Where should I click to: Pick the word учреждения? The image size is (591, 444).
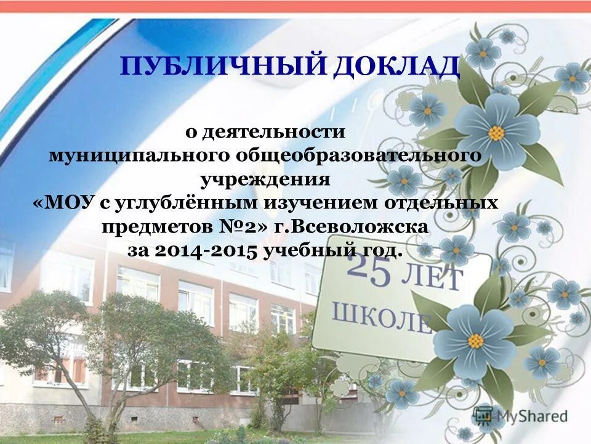click(x=265, y=179)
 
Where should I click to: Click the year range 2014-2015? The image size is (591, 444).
click(x=207, y=250)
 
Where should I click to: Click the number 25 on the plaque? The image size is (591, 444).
click(x=370, y=271)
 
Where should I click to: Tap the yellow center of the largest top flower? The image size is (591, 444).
click(x=496, y=132)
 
